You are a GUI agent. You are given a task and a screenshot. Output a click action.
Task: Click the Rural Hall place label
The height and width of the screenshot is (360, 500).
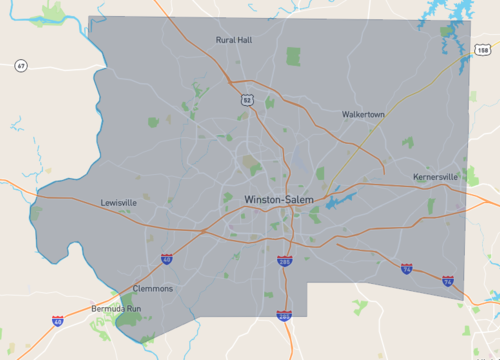pyautogui.click(x=235, y=40)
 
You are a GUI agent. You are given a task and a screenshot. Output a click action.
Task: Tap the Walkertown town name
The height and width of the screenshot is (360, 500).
pyautogui.click(x=363, y=115)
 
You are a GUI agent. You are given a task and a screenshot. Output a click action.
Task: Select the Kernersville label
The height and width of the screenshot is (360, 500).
pyautogui.click(x=435, y=177)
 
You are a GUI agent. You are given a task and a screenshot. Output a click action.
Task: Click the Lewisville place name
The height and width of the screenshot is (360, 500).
pyautogui.click(x=119, y=202)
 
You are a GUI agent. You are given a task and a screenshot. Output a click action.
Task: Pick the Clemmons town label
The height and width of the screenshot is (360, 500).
pyautogui.click(x=153, y=289)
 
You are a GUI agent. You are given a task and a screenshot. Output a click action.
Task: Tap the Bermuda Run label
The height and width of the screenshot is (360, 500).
pyautogui.click(x=118, y=309)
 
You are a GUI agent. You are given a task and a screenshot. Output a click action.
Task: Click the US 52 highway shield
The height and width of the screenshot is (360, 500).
pyautogui.click(x=246, y=100)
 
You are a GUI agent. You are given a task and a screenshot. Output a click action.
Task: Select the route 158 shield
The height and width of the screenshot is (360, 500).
pyautogui.click(x=484, y=49)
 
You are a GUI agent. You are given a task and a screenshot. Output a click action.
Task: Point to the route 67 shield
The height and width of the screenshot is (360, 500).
pyautogui.click(x=20, y=66)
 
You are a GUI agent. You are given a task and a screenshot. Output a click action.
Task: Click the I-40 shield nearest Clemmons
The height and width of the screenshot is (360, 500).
pyautogui.click(x=166, y=259)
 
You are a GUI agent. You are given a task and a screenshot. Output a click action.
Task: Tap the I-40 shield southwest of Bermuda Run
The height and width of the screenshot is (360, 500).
pyautogui.click(x=57, y=321)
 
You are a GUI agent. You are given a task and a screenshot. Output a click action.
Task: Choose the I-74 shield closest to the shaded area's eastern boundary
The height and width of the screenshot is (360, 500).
pyautogui.click(x=448, y=281)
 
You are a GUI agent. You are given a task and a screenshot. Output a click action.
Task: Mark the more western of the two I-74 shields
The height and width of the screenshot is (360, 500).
pyautogui.click(x=406, y=269)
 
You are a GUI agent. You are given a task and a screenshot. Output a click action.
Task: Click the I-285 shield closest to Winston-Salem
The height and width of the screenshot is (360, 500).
pyautogui.click(x=285, y=261)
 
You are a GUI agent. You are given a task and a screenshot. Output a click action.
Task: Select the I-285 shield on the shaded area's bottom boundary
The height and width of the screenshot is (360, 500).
pyautogui.click(x=285, y=315)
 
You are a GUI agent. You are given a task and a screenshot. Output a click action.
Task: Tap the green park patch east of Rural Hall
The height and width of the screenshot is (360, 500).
pyautogui.click(x=293, y=56)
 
